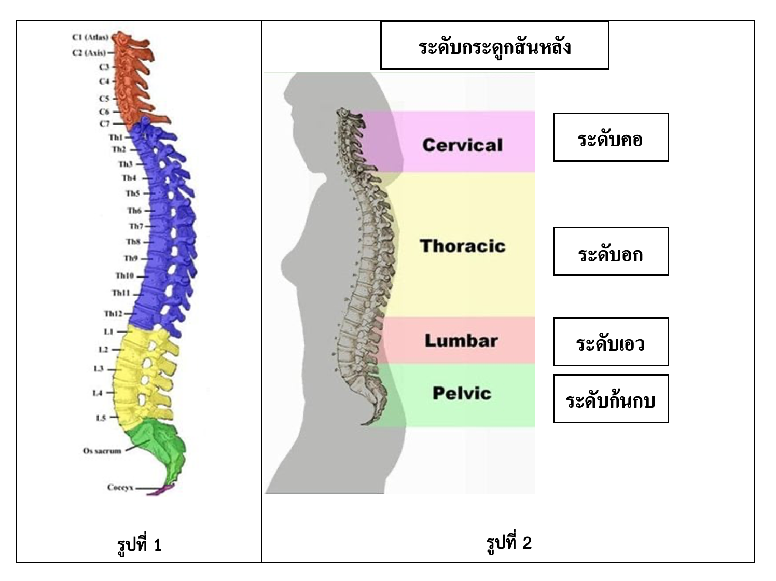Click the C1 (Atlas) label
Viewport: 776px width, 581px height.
pyautogui.click(x=90, y=37)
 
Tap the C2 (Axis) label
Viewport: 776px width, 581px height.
pyautogui.click(x=89, y=53)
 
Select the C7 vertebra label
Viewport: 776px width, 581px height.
pyautogui.click(x=104, y=124)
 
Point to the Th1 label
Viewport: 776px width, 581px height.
pyautogui.click(x=116, y=137)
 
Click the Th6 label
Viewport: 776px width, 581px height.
pyautogui.click(x=134, y=211)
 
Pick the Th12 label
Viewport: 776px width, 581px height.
pyautogui.click(x=113, y=314)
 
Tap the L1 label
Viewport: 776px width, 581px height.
pyautogui.click(x=108, y=331)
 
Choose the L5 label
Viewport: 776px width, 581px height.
pyautogui.click(x=101, y=418)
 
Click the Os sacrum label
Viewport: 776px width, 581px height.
pyautogui.click(x=102, y=451)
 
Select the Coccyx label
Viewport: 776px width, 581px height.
pyautogui.click(x=120, y=488)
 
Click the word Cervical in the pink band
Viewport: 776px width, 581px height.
pyautogui.click(x=462, y=145)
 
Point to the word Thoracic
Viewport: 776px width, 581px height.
pyautogui.click(x=462, y=246)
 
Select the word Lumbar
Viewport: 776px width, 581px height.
pyautogui.click(x=461, y=341)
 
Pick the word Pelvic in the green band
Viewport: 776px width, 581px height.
pyautogui.click(x=462, y=393)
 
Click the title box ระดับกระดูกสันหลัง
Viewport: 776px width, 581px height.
pyautogui.click(x=494, y=46)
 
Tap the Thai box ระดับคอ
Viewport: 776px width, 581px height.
pyautogui.click(x=611, y=137)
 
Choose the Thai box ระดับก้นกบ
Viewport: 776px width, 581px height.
pyautogui.click(x=611, y=399)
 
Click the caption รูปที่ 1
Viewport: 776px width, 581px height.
pyautogui.click(x=139, y=545)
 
